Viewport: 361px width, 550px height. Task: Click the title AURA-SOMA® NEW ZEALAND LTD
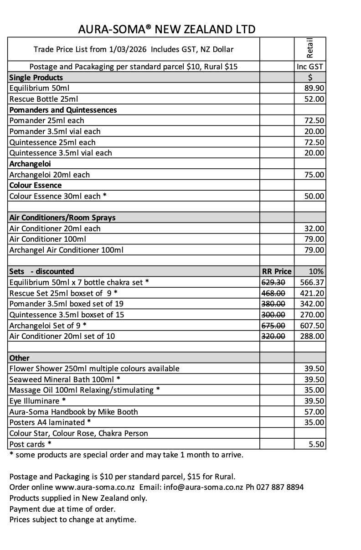[x=167, y=30]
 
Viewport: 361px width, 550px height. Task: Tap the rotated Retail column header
[x=310, y=47]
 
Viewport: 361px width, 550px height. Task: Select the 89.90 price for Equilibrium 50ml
[x=315, y=88]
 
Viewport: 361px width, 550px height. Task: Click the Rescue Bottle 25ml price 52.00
[x=315, y=99]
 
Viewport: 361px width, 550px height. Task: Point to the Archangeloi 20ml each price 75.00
[x=315, y=175]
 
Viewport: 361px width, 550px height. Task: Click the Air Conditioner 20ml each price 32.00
[x=315, y=228]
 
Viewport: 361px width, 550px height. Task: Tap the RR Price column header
[x=277, y=271]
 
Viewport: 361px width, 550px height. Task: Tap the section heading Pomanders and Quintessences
[x=63, y=110]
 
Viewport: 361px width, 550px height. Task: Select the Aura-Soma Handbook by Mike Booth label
[x=73, y=412]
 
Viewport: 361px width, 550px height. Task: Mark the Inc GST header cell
[x=310, y=67]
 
